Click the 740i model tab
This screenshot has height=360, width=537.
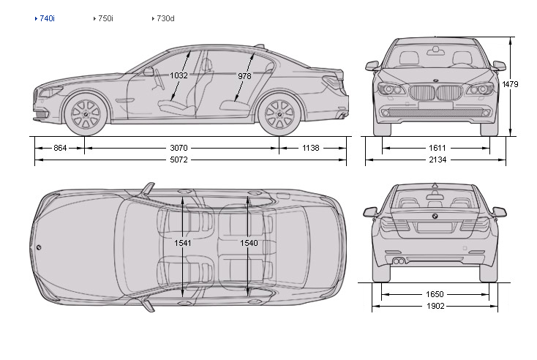point(47,18)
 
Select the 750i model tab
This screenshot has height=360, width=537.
point(105,18)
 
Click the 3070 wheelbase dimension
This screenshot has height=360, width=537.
point(181,148)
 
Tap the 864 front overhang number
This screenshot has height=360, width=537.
point(60,148)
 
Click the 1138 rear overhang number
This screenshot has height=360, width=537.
point(311,148)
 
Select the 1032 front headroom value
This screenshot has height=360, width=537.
point(179,75)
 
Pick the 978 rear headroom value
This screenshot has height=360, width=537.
point(245,75)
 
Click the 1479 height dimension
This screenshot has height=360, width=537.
point(510,85)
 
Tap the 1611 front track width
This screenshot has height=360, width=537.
point(435,148)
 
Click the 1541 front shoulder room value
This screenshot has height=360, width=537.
point(183,242)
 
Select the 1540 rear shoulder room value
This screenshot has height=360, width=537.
point(249,242)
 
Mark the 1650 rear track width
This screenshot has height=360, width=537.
point(435,294)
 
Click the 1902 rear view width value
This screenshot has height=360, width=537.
point(435,306)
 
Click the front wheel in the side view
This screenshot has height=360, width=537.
point(86,113)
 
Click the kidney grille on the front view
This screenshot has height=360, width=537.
point(435,93)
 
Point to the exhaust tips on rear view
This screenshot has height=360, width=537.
point(399,260)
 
